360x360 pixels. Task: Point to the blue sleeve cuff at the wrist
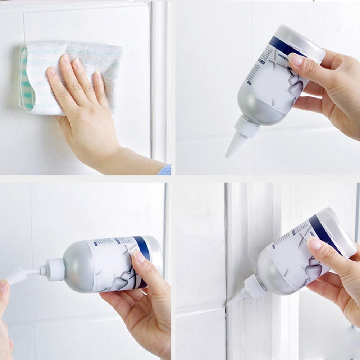165,170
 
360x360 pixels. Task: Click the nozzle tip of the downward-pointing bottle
228,155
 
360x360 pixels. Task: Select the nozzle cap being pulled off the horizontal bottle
16,276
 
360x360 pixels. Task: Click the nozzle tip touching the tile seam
229,304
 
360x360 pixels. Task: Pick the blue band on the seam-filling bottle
324,234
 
